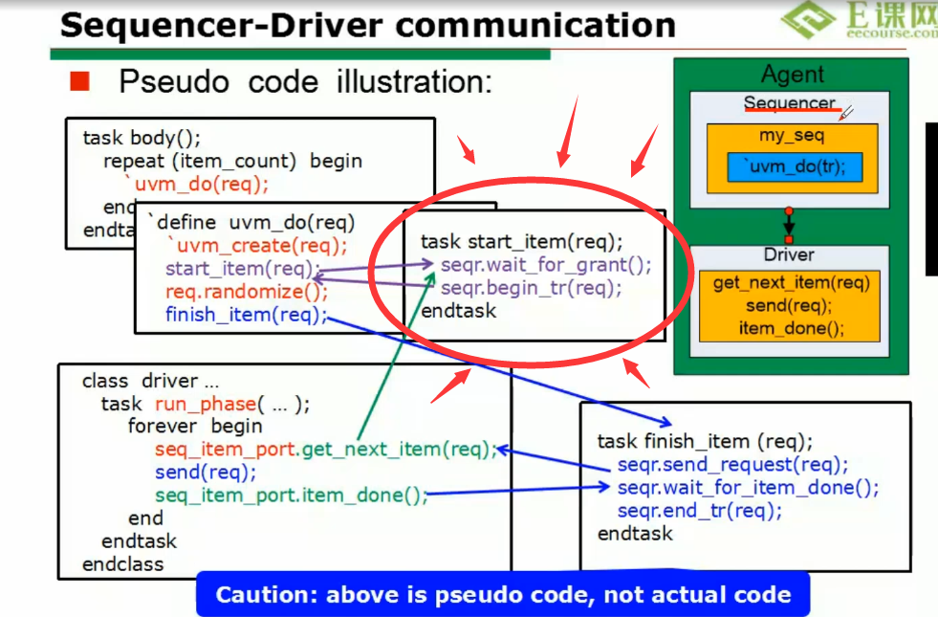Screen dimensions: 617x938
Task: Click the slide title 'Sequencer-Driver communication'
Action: pyautogui.click(x=367, y=24)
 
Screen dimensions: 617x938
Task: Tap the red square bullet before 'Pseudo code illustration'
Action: pyautogui.click(x=79, y=81)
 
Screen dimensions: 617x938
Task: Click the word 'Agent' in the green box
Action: pyautogui.click(x=792, y=75)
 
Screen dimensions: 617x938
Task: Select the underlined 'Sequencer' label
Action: pyautogui.click(x=790, y=103)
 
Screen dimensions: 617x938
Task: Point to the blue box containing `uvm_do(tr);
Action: pyautogui.click(x=794, y=168)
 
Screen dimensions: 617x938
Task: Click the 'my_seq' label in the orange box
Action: pyautogui.click(x=792, y=136)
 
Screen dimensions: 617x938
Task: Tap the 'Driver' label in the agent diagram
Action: pyautogui.click(x=789, y=254)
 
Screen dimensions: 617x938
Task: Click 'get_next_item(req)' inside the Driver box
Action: pyautogui.click(x=791, y=283)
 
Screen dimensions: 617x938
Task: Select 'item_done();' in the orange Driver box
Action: pyautogui.click(x=792, y=328)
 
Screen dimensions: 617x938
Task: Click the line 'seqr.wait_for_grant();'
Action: pyautogui.click(x=546, y=265)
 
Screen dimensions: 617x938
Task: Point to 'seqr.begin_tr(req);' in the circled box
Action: pyautogui.click(x=531, y=287)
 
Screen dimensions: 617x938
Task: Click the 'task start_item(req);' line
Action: pyautogui.click(x=521, y=242)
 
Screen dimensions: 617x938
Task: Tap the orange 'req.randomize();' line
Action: pyautogui.click(x=247, y=292)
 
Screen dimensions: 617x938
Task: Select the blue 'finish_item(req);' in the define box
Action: pyautogui.click(x=246, y=315)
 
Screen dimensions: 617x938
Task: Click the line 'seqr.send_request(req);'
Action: pyautogui.click(x=732, y=465)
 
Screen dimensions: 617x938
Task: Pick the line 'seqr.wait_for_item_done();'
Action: pyautogui.click(x=748, y=488)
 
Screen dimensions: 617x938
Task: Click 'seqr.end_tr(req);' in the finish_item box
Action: pyautogui.click(x=699, y=511)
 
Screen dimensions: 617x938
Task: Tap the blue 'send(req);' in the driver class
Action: pyautogui.click(x=206, y=472)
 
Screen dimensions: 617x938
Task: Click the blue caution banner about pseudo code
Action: pyautogui.click(x=503, y=595)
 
